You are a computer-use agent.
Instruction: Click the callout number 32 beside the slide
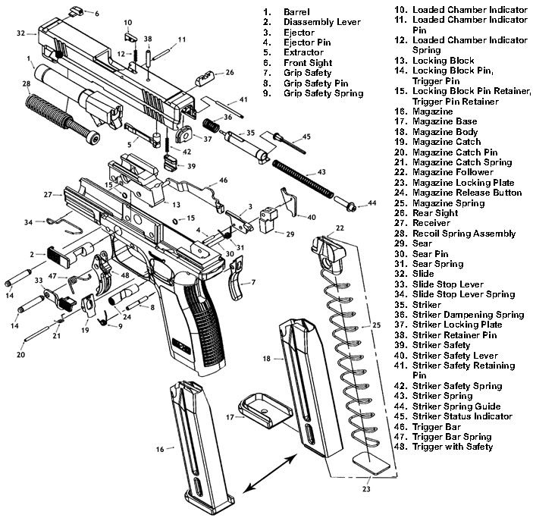tap(21, 33)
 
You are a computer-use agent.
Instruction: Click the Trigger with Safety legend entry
tap(453, 447)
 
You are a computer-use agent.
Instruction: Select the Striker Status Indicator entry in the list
tap(462, 416)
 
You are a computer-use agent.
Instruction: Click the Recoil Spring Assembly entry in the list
tap(462, 234)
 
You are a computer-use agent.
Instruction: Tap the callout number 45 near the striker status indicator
tap(306, 137)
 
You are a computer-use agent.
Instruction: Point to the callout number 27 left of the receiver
tap(47, 195)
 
